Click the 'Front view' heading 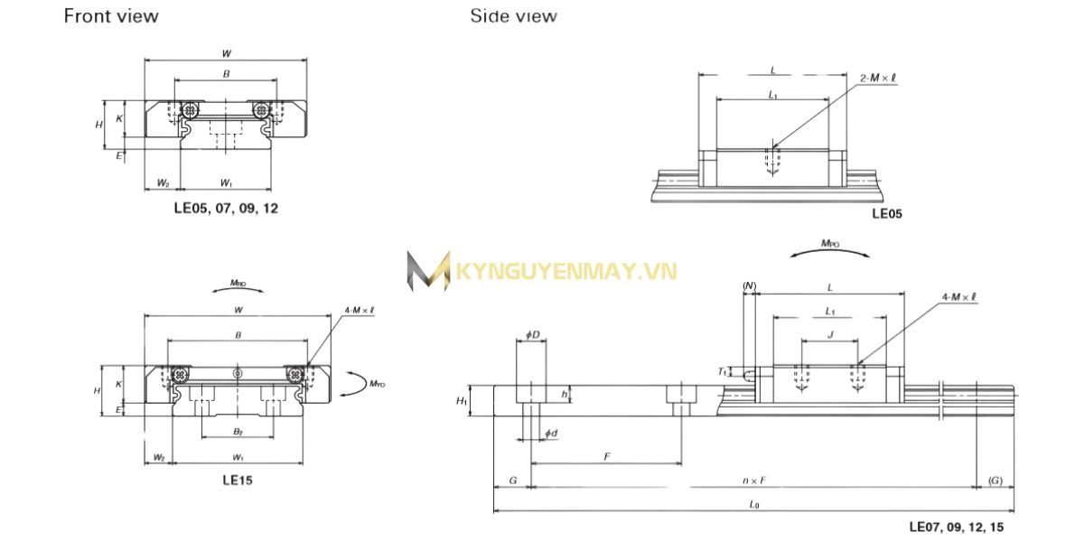tap(110, 16)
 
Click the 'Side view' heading tap(513, 16)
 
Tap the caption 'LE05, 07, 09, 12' tap(226, 207)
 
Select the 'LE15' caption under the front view tap(238, 480)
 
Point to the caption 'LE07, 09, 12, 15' tap(956, 527)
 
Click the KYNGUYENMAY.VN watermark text tap(565, 271)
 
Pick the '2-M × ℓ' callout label tap(877, 79)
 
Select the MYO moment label tap(377, 384)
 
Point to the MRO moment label tap(238, 284)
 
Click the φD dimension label tap(532, 335)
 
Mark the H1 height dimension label tap(461, 400)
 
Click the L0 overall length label tap(752, 505)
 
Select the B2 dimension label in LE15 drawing tap(238, 431)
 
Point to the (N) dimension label tap(749, 285)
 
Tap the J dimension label tap(828, 334)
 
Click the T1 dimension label tap(722, 371)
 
